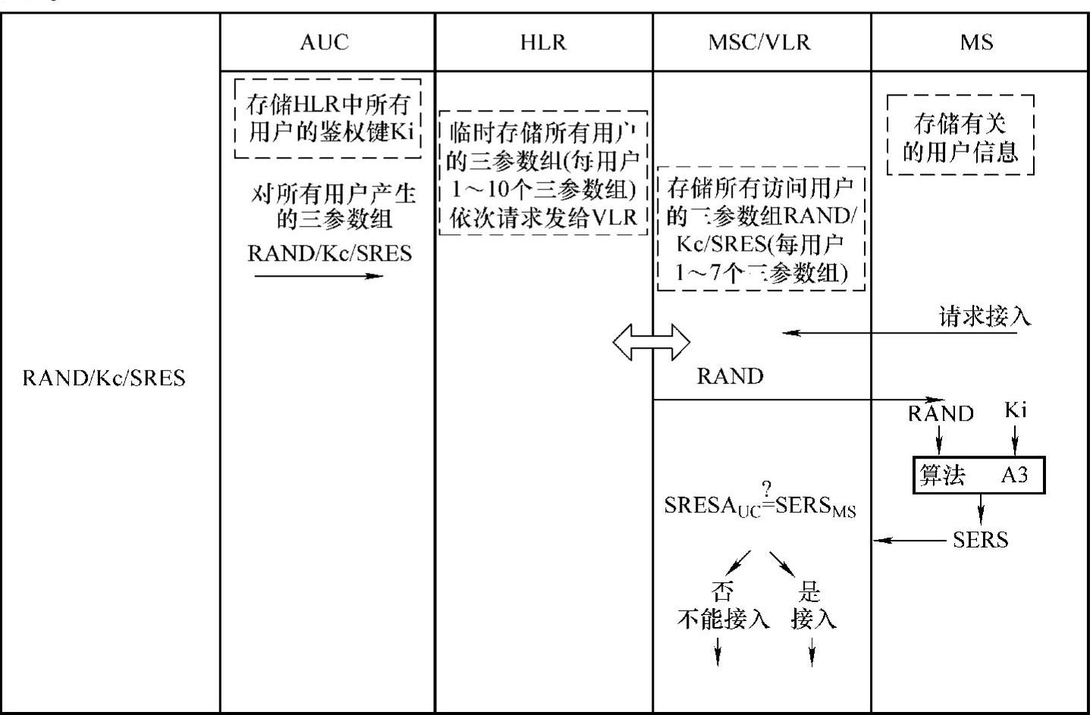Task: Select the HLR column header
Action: [x=543, y=42]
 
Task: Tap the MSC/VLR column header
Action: [x=759, y=42]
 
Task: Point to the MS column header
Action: [x=976, y=42]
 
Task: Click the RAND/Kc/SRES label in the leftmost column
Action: [x=104, y=378]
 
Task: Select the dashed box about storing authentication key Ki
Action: [x=328, y=118]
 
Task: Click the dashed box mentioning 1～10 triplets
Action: [x=543, y=174]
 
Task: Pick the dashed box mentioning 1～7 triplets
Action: [x=761, y=229]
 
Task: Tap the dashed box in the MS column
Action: [x=960, y=135]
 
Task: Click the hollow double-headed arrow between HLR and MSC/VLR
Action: [x=652, y=343]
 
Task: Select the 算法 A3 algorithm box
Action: [x=978, y=475]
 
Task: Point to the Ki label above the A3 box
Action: [x=1015, y=410]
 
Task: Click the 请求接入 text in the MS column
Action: [x=985, y=316]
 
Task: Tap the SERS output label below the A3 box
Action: [x=980, y=540]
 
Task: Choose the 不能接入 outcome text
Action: [x=723, y=619]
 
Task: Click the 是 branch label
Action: [x=810, y=591]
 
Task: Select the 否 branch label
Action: [x=722, y=591]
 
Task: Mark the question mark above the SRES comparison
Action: [x=767, y=488]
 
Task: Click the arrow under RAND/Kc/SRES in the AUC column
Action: [x=319, y=276]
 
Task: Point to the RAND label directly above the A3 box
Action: [x=941, y=413]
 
